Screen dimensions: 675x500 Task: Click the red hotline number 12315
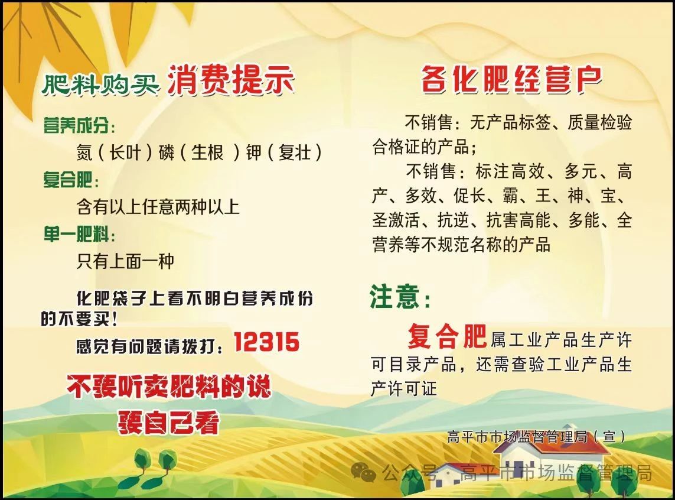(266, 342)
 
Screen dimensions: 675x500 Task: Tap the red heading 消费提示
(231, 80)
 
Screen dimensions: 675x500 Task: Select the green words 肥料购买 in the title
(101, 84)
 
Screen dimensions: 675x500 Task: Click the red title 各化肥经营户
(511, 80)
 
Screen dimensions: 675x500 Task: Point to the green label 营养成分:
(80, 126)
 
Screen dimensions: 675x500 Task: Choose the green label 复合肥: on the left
(71, 180)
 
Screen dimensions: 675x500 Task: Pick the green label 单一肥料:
(80, 235)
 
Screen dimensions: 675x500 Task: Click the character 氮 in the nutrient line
(84, 152)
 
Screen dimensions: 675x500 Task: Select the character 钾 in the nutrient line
(253, 152)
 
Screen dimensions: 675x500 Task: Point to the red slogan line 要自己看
(169, 423)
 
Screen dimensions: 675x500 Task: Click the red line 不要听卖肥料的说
(169, 387)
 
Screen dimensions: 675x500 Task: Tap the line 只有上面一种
(125, 261)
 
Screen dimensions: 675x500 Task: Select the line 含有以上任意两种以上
(158, 207)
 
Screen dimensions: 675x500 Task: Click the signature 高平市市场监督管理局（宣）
(536, 437)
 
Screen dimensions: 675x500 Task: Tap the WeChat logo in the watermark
(363, 472)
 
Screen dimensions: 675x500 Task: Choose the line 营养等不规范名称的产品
(461, 244)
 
